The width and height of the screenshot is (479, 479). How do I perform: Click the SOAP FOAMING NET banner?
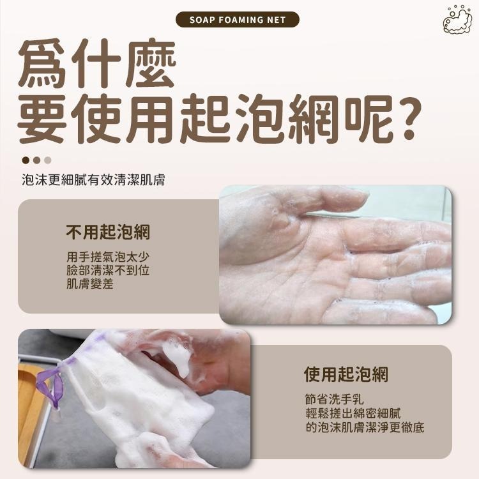238,19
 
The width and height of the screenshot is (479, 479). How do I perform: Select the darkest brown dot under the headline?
26,160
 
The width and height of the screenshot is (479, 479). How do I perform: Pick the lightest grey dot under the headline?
47,160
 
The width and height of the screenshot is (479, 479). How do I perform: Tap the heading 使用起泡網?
346,374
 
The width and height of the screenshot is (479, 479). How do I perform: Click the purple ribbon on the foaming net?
51,383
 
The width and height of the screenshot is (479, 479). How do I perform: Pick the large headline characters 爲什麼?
96,65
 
